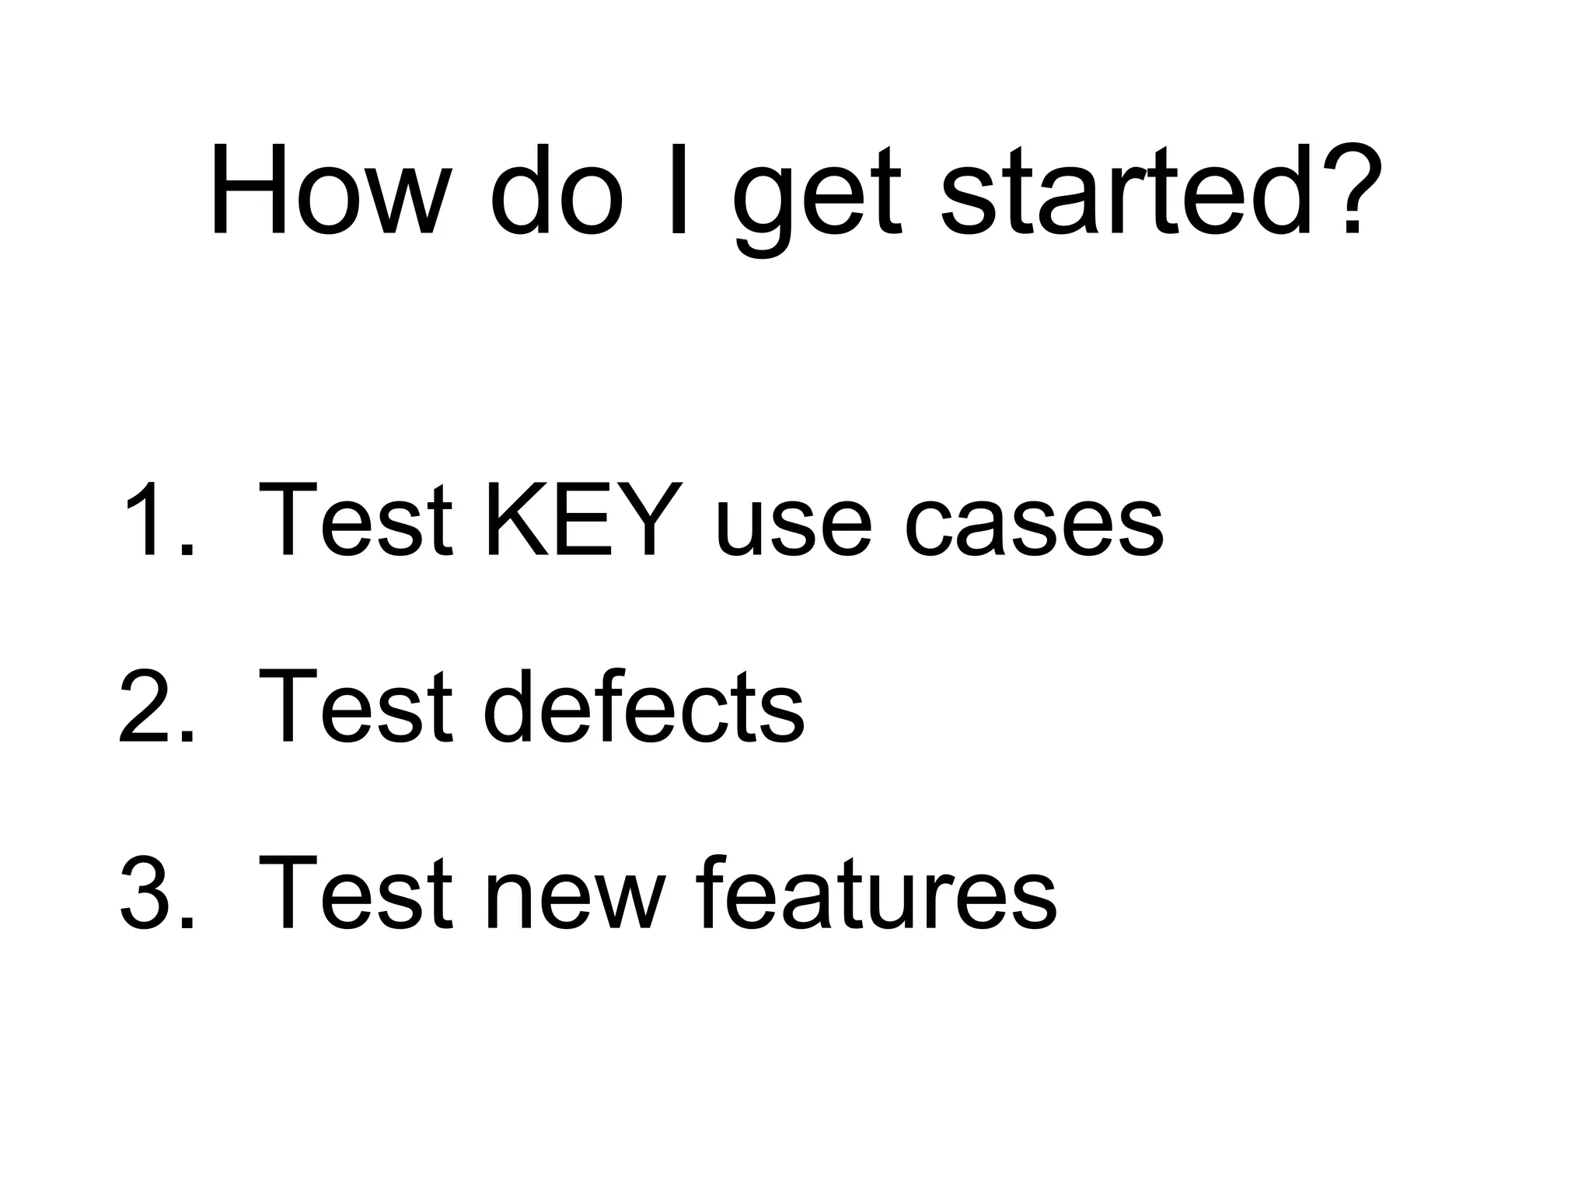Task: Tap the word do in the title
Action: coord(558,190)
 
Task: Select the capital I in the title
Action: coord(678,190)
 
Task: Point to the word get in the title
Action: coord(816,198)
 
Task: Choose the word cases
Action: coord(1034,529)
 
